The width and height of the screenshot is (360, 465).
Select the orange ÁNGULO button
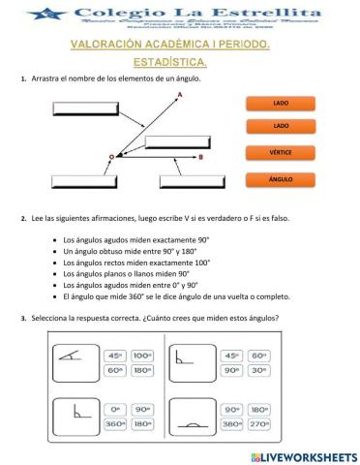pos(281,179)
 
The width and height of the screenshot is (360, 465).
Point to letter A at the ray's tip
pos(180,94)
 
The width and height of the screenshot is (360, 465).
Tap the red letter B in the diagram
pos(199,156)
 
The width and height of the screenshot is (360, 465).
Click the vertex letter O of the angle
pos(110,156)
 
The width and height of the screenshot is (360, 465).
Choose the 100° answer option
pos(142,356)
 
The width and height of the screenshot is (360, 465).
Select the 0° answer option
pos(114,410)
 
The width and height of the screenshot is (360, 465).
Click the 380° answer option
pos(231,424)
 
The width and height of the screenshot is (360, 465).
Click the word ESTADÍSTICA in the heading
pos(174,63)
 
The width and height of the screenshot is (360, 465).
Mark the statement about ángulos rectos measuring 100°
pos(135,263)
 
